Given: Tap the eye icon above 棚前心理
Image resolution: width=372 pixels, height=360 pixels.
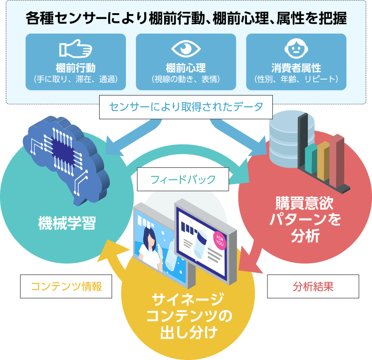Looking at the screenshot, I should click(x=186, y=49).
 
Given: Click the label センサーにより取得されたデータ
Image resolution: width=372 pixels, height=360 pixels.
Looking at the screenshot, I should click(x=186, y=107).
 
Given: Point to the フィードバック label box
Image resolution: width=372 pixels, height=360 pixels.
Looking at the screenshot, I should click(x=183, y=179).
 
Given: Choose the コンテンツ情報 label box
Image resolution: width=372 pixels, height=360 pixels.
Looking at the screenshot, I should click(x=66, y=286).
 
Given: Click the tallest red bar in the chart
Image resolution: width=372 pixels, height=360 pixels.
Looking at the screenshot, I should click(x=338, y=154).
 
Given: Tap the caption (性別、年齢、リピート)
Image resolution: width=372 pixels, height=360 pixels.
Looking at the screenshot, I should click(x=296, y=80).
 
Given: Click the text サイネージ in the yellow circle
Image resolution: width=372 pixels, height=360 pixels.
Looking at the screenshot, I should click(x=188, y=300).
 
